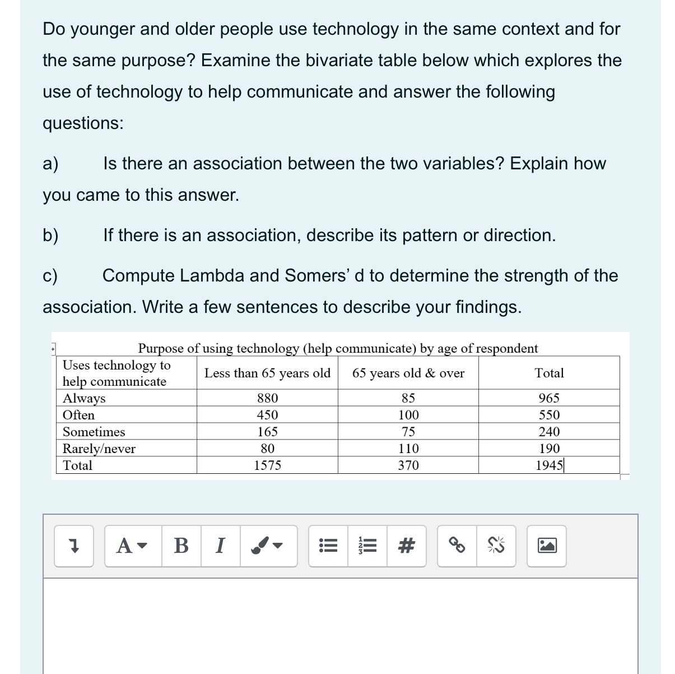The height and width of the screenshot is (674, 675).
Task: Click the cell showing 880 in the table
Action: (267, 398)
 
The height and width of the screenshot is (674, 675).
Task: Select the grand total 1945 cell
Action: (549, 465)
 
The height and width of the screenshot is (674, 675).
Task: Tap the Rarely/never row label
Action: (99, 449)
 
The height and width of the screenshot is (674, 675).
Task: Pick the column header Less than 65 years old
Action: (267, 373)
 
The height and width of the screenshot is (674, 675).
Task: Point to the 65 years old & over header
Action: (408, 373)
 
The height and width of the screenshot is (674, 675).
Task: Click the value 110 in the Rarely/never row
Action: (408, 449)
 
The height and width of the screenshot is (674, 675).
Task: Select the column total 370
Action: (408, 465)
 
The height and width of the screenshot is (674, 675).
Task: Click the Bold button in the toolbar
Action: (181, 546)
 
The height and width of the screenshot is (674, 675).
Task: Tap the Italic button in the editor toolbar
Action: (220, 546)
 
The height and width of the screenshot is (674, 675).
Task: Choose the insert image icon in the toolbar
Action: (547, 546)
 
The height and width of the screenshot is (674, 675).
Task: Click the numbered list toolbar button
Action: (367, 546)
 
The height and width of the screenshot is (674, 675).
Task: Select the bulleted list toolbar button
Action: (328, 546)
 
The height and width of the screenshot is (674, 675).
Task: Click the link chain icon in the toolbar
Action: (457, 546)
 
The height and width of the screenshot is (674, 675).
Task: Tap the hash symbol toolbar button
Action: (407, 546)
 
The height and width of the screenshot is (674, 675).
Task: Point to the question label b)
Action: (50, 236)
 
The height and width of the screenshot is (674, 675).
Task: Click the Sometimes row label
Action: (94, 432)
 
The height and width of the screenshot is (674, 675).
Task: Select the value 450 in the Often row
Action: (267, 415)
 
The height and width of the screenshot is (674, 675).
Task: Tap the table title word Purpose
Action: (161, 348)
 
